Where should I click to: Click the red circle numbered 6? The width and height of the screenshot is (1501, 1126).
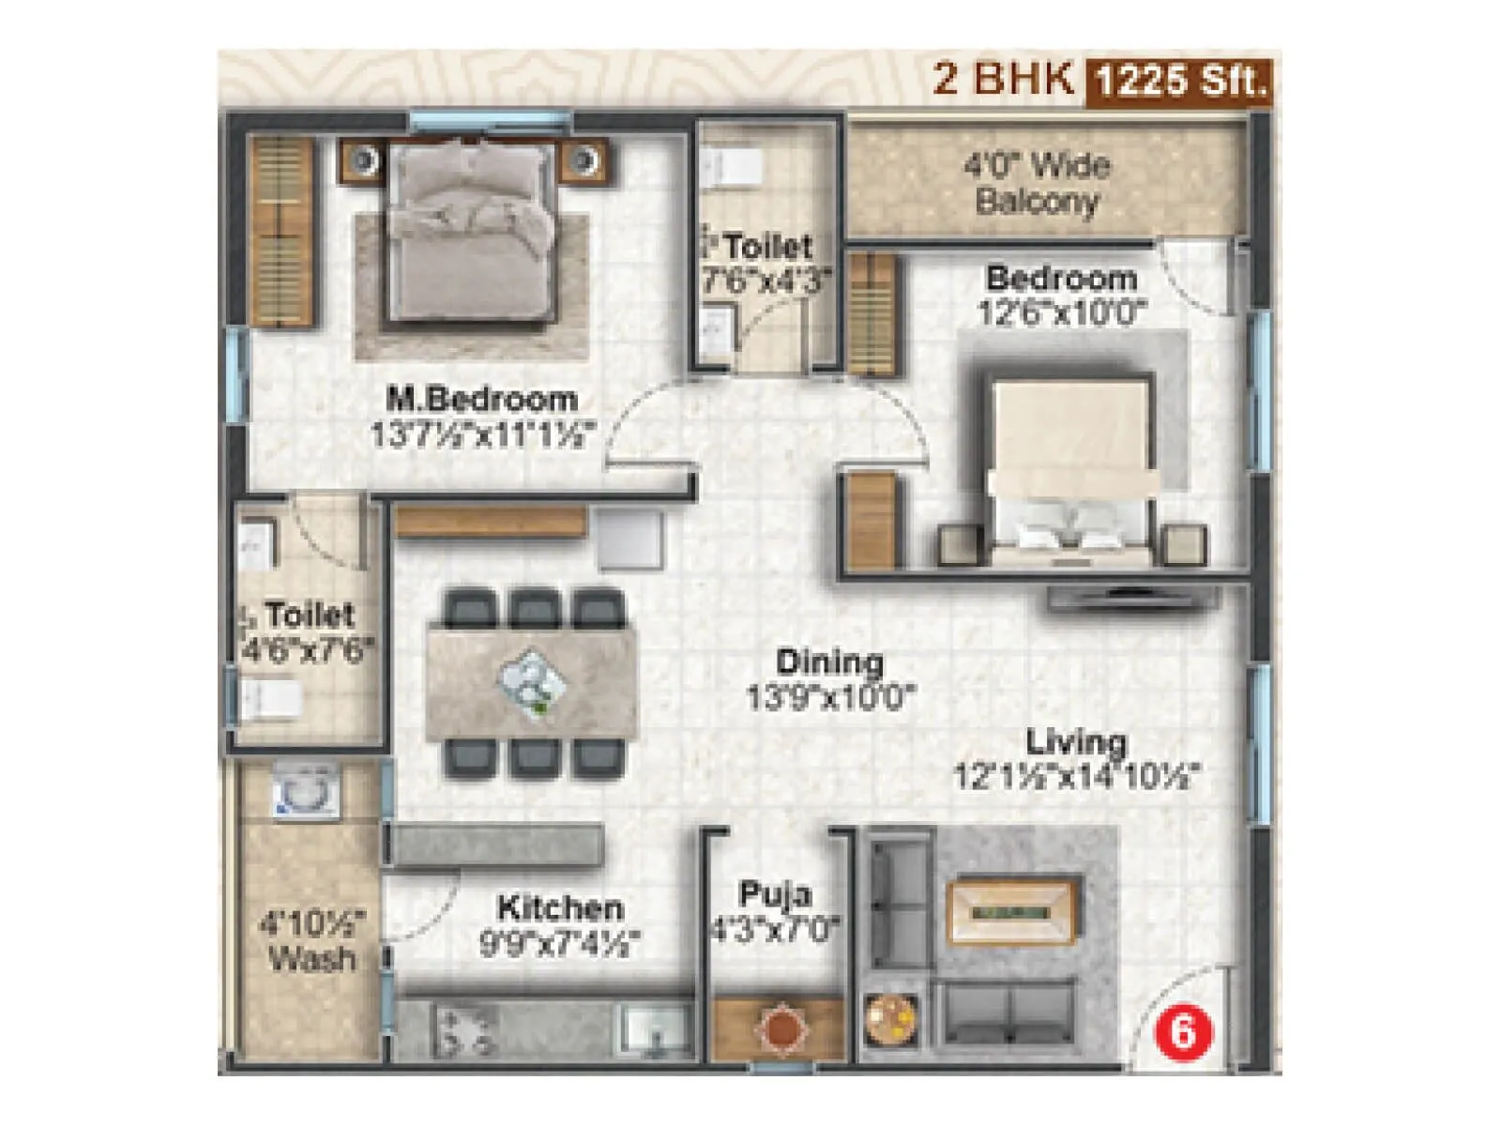pyautogui.click(x=1183, y=1032)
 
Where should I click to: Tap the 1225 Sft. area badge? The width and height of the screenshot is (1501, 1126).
pyautogui.click(x=1180, y=81)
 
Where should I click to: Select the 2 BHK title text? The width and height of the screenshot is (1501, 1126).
pyautogui.click(x=1003, y=79)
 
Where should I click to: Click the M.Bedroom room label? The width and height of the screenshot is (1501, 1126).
pyautogui.click(x=482, y=399)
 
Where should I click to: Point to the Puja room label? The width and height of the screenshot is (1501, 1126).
pyautogui.click(x=774, y=893)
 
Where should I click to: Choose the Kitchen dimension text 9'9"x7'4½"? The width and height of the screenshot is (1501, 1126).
pyautogui.click(x=560, y=942)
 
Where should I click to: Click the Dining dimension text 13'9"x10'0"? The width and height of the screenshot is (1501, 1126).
pyautogui.click(x=830, y=697)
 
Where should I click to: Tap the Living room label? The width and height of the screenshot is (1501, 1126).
pyautogui.click(x=1076, y=742)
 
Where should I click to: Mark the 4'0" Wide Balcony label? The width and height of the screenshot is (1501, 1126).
pyautogui.click(x=1037, y=184)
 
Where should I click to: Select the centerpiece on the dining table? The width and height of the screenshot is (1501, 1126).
pyautogui.click(x=532, y=683)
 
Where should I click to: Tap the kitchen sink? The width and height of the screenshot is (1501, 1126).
pyautogui.click(x=656, y=1027)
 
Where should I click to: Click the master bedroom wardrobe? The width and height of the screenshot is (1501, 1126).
pyautogui.click(x=280, y=231)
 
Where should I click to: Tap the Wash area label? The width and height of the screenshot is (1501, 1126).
pyautogui.click(x=311, y=958)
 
